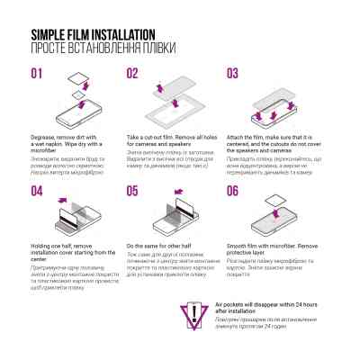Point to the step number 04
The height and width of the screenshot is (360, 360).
tap(39, 192)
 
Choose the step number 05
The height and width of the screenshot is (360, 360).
tap(132, 192)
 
